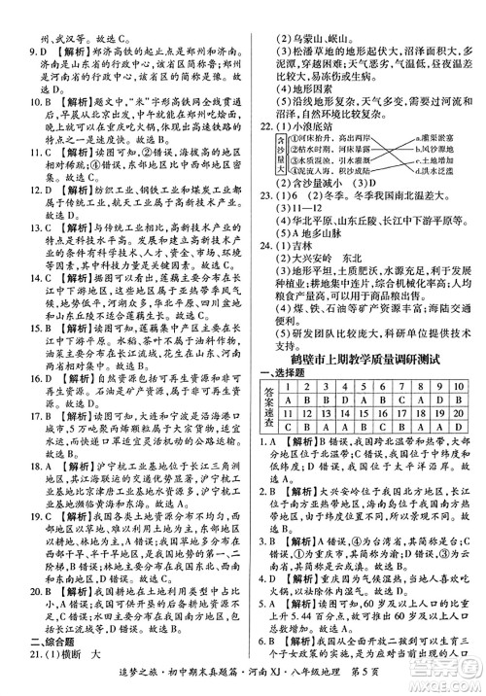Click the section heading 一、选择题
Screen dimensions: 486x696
point(282,374)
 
